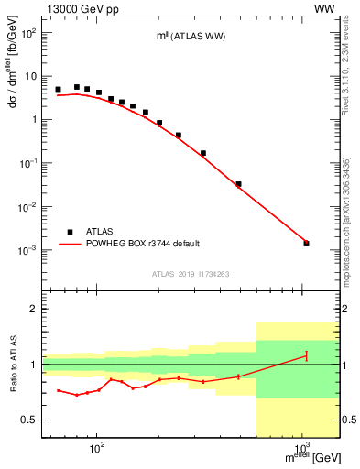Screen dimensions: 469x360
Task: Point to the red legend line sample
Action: coord(70,245)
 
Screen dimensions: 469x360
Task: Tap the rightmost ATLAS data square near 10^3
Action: coord(306,243)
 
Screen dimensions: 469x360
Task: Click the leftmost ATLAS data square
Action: coord(58,90)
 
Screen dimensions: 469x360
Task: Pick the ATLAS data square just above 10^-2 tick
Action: coord(238,184)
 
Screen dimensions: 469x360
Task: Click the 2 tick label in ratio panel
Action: coord(34,309)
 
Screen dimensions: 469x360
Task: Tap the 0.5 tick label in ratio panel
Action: coord(29,420)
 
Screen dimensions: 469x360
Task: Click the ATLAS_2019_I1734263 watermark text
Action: coord(191,274)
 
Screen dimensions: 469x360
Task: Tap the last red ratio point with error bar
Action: coord(306,355)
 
